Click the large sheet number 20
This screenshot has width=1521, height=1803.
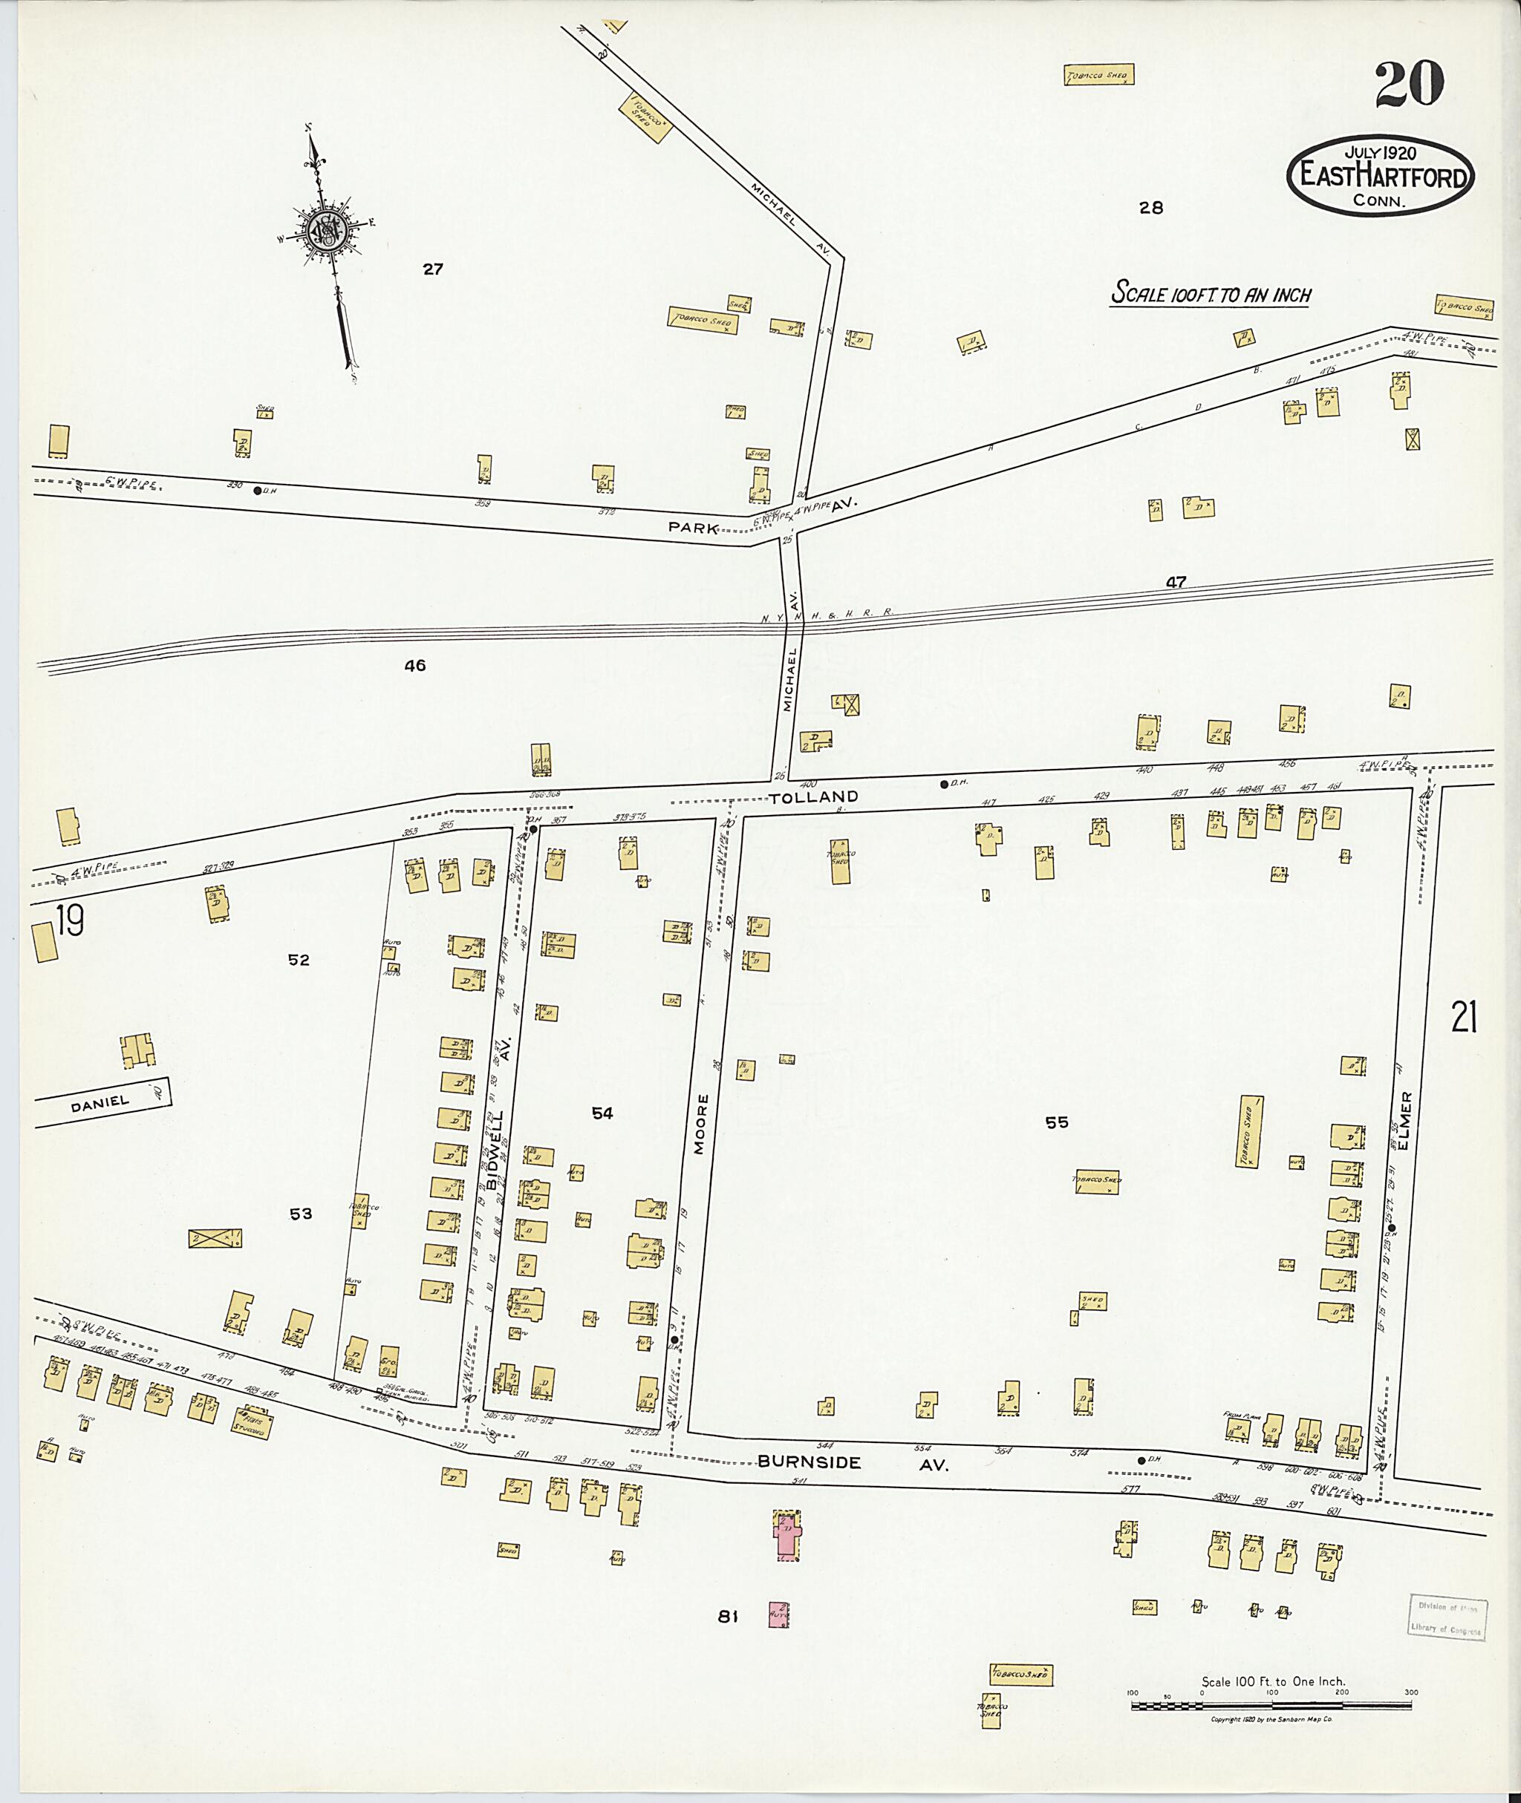1409,85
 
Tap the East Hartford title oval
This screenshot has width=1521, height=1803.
1380,176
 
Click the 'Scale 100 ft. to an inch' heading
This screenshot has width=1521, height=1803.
1210,293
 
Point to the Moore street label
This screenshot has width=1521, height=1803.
701,1124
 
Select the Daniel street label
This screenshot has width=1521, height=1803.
102,1102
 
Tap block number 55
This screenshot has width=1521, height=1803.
1056,1122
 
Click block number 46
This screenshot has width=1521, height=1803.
414,665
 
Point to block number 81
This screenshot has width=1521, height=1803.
728,1617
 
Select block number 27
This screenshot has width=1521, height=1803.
433,269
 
